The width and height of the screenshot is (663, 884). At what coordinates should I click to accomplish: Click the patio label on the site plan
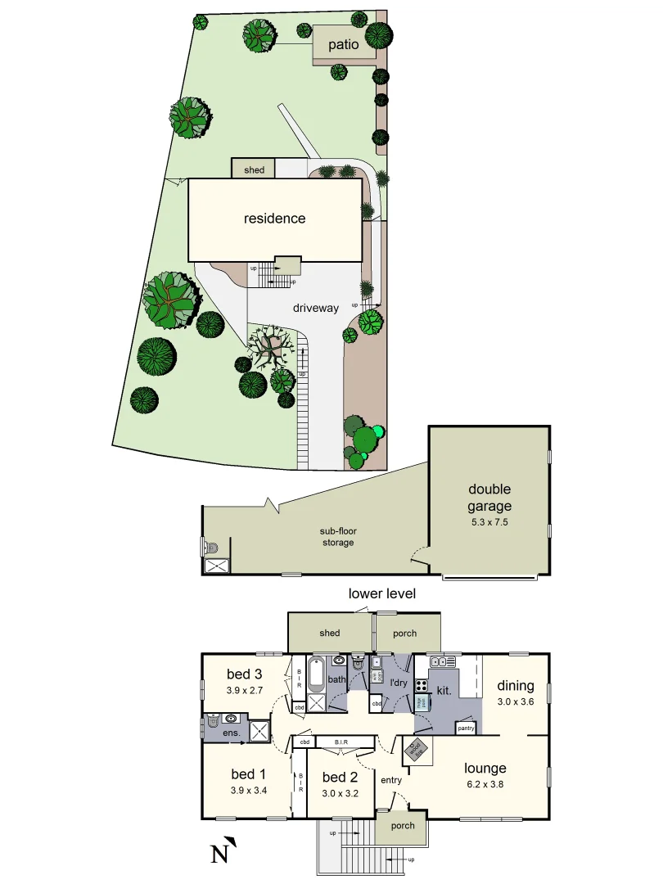click(x=344, y=44)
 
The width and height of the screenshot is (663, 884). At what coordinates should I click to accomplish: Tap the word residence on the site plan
click(x=274, y=219)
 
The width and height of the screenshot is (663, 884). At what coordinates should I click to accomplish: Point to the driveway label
click(x=316, y=309)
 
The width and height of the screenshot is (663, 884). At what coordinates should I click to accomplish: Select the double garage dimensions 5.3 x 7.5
click(x=489, y=521)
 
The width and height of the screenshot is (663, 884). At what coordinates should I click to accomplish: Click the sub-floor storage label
click(x=338, y=537)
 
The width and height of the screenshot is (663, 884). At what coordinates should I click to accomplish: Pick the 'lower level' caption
click(x=382, y=593)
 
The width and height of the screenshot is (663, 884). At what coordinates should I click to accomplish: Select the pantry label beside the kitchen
click(x=467, y=728)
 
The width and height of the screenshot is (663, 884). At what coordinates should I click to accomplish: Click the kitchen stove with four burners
click(x=422, y=687)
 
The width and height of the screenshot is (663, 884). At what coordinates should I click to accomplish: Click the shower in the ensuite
click(x=259, y=731)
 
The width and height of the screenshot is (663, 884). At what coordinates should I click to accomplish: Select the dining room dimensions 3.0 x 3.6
click(x=516, y=701)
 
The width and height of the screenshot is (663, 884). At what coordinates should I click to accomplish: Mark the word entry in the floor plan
click(x=391, y=780)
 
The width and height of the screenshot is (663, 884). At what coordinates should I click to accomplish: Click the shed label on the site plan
click(x=255, y=170)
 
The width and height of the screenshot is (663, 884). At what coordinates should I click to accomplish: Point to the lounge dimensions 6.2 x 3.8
click(x=485, y=784)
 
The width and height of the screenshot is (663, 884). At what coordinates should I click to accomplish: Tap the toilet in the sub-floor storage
click(x=211, y=547)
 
